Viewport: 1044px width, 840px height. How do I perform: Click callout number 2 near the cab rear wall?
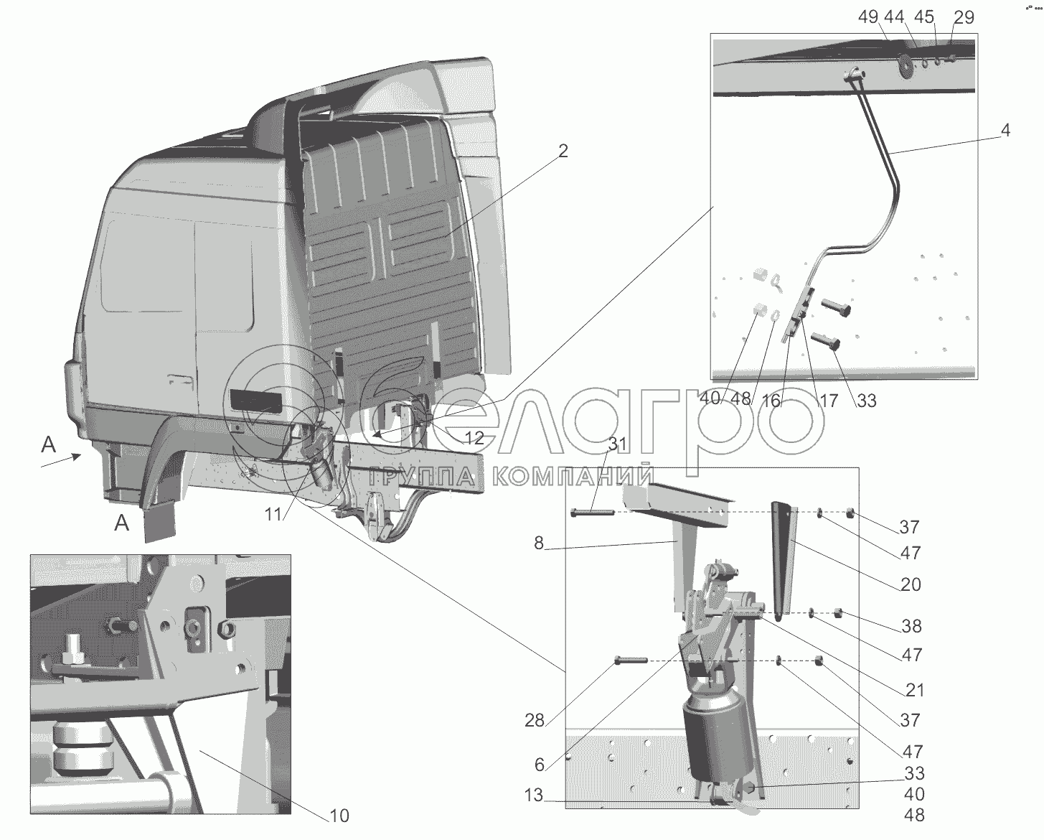563,151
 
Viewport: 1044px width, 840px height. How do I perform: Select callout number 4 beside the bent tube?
1005,131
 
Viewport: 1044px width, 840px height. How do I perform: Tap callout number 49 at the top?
868,17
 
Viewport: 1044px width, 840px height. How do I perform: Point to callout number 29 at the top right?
964,17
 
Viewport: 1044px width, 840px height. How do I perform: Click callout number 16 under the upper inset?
771,401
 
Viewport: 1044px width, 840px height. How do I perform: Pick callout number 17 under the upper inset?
828,401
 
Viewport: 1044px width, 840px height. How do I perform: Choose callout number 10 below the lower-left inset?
339,816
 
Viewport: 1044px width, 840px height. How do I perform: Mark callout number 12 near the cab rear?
474,437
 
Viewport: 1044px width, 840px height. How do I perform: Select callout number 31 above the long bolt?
618,444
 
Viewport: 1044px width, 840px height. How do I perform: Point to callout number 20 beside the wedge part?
911,584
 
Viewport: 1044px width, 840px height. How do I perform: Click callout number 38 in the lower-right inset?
911,626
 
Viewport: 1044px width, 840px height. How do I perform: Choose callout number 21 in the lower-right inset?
915,691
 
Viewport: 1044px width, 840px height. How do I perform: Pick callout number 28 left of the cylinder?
535,720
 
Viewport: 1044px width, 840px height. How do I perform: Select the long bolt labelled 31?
593,512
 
